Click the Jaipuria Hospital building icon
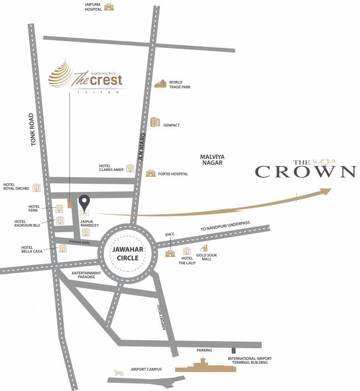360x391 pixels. [109, 7]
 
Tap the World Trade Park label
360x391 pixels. [176, 85]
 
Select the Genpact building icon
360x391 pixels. [155, 122]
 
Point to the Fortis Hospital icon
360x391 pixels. [150, 174]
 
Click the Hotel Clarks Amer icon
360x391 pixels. [130, 167]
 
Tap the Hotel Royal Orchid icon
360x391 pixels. [36, 188]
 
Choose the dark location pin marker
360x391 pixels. [85, 202]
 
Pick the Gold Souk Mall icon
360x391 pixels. [204, 248]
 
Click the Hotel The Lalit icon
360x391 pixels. [186, 251]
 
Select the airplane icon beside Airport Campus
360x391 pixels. [120, 371]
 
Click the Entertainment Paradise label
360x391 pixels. [86, 275]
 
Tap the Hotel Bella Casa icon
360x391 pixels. [63, 248]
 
